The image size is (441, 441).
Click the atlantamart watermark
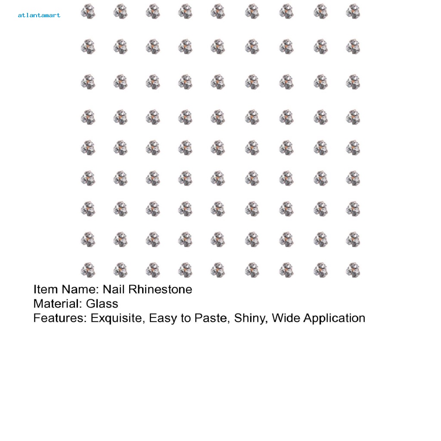coord(39,16)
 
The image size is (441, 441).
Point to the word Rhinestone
coord(160,289)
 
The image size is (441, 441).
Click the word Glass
coord(102,304)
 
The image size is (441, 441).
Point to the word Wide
coord(286,318)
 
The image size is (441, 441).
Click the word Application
coord(334,318)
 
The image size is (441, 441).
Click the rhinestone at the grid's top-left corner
coord(88,11)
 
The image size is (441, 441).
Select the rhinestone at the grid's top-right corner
coord(353,11)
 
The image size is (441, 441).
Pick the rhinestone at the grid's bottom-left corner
coord(88,270)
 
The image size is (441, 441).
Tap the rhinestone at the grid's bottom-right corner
coord(353,270)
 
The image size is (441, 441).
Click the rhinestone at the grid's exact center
coord(218,148)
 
